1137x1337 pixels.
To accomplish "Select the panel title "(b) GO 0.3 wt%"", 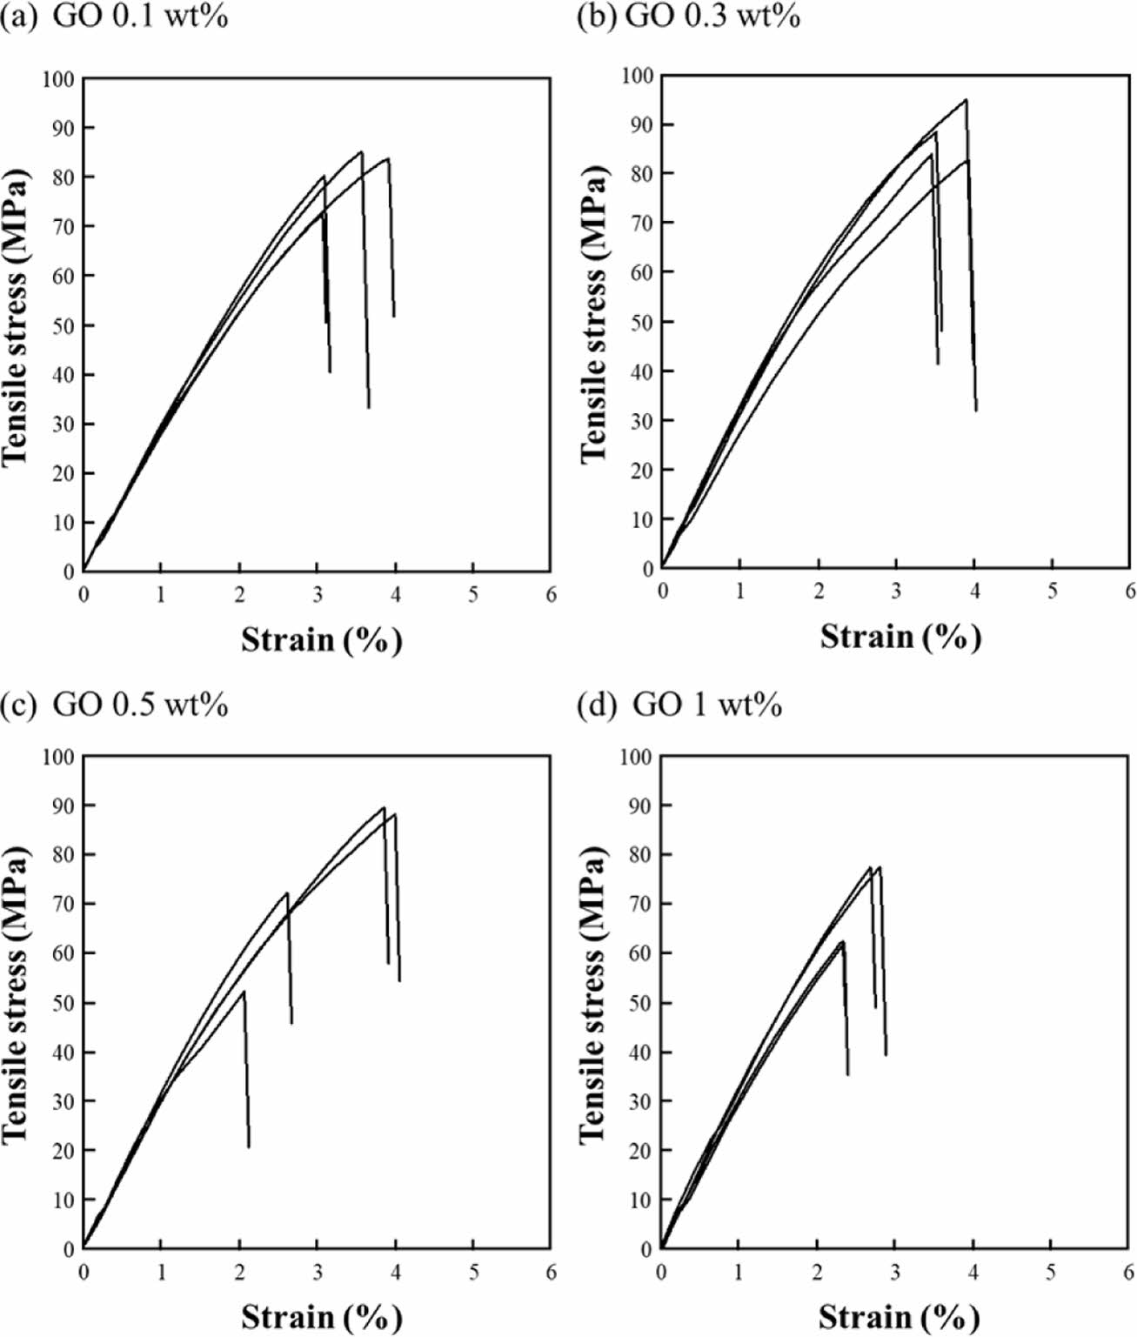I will point(688,17).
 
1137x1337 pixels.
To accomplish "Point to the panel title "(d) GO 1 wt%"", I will point(679,704).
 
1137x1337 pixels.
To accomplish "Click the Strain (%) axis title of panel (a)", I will point(321,640).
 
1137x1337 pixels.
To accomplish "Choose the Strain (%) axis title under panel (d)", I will point(900,1315).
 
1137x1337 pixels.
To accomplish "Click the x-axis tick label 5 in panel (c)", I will point(473,1273).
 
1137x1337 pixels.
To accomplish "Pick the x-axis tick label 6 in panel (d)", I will point(1129,1273).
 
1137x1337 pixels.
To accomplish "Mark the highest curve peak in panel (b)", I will point(966,100).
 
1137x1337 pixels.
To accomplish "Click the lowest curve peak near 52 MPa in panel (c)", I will point(244,992).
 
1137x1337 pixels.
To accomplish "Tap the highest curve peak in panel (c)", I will point(384,807).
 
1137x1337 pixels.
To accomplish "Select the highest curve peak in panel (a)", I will point(361,152).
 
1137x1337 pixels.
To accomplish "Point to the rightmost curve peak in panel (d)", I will point(880,867).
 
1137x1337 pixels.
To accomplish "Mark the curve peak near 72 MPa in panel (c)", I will point(287,892).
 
